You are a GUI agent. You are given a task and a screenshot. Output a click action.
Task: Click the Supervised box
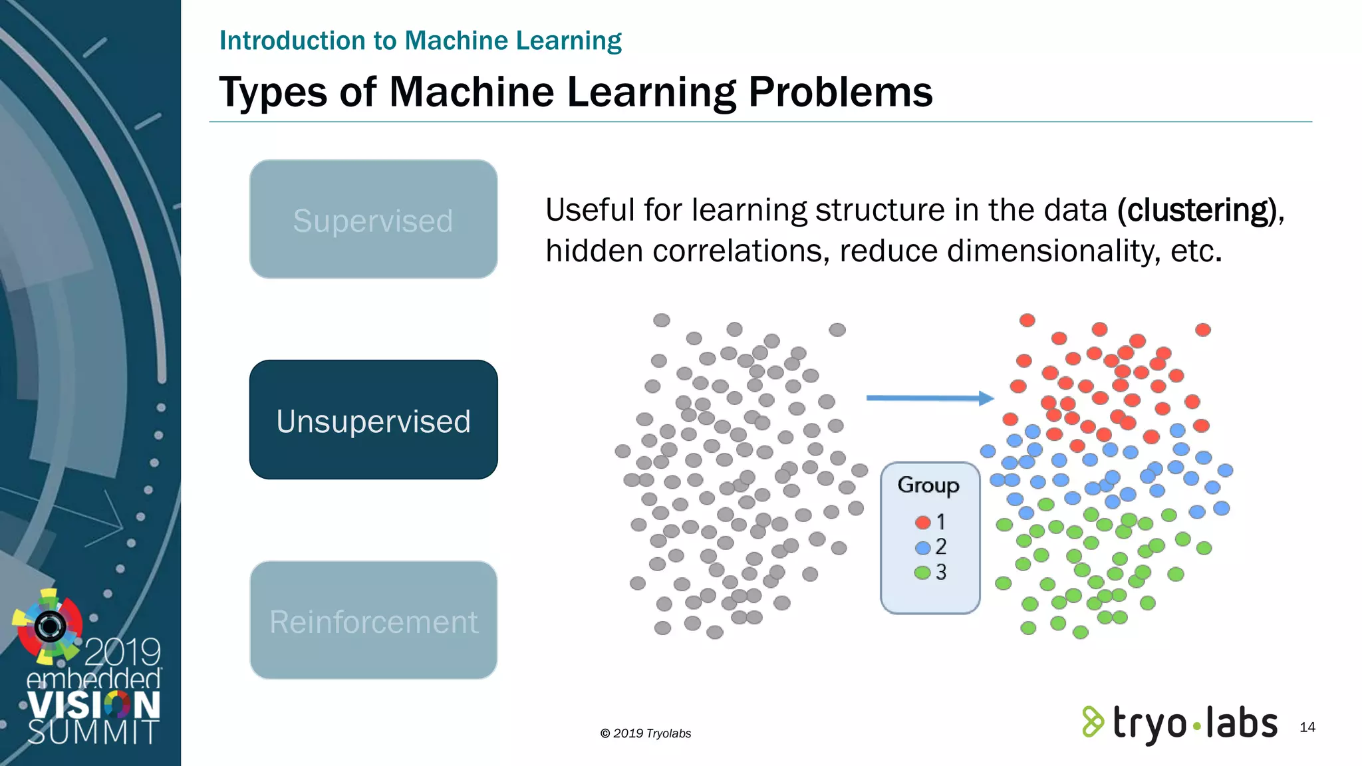click(373, 219)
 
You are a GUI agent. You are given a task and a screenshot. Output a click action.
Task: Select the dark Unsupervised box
click(373, 420)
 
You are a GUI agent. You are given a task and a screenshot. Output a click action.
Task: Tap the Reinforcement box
click(373, 621)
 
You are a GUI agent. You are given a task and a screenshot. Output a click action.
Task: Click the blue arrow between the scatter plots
click(929, 398)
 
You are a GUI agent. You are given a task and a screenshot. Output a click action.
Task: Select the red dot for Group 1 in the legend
click(922, 523)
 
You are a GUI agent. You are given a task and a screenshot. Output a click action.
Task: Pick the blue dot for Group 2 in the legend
click(922, 548)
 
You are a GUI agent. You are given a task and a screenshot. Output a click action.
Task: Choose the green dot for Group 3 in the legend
click(922, 573)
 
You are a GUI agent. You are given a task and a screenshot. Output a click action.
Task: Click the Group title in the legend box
click(928, 485)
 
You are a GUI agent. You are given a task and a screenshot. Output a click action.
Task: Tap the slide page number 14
click(1307, 727)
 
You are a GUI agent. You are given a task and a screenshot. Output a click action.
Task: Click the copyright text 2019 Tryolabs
click(646, 733)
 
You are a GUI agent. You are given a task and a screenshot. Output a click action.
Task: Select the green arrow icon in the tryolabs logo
click(1092, 722)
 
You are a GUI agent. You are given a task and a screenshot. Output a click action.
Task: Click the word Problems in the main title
click(840, 92)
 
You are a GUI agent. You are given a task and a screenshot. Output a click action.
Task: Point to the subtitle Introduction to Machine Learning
click(420, 41)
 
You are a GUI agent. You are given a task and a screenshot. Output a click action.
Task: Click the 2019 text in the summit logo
click(123, 652)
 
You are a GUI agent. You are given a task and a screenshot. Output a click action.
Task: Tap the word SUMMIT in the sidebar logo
click(93, 732)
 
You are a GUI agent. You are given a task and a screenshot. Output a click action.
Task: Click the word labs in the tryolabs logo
click(1241, 723)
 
